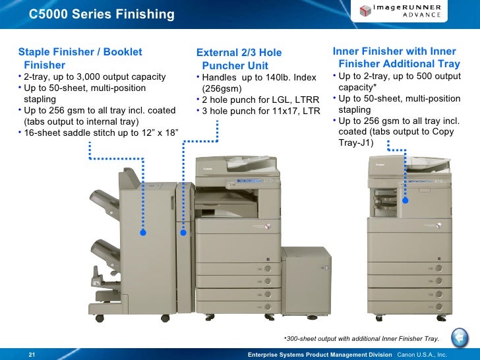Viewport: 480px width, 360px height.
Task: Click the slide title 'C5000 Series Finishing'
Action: [x=102, y=14]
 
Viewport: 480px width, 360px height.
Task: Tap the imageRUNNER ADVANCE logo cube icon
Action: [x=365, y=11]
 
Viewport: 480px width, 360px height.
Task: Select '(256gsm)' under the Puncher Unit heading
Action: [x=222, y=88]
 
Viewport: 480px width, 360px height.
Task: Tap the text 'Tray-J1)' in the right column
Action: [x=356, y=142]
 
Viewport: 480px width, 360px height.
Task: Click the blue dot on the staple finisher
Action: [x=143, y=232]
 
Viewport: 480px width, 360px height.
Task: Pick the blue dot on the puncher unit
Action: [x=183, y=233]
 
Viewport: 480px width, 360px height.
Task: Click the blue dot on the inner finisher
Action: [x=405, y=200]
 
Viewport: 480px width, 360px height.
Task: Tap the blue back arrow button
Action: [x=460, y=338]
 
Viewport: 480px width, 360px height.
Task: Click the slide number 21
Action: [x=32, y=355]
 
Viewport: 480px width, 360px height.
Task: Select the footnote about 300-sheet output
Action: [x=361, y=339]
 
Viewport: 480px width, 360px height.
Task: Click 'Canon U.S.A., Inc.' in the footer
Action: [x=422, y=355]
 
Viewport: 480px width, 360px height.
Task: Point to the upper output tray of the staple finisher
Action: [x=104, y=202]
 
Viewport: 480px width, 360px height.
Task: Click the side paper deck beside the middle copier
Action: [x=306, y=281]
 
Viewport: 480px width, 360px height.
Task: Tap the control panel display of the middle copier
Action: [x=249, y=181]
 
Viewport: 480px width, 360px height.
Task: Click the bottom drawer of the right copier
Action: [x=409, y=307]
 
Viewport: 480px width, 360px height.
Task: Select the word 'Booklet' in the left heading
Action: [x=123, y=51]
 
